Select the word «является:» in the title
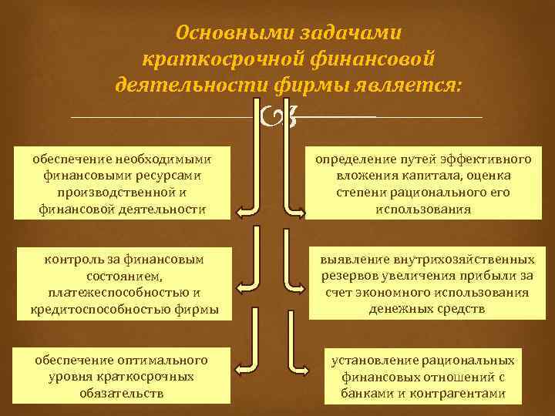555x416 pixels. tap(418, 84)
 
